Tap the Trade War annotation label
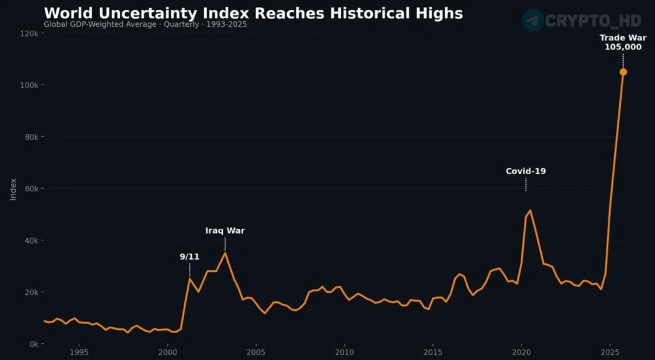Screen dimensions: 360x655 coord(622,38)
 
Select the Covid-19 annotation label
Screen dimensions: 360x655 coord(526,171)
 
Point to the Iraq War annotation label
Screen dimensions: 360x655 coord(225,231)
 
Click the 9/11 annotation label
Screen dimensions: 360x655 coord(189,256)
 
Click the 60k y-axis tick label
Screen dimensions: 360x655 coord(31,189)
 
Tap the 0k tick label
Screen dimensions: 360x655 coord(33,344)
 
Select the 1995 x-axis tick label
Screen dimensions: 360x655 coord(79,352)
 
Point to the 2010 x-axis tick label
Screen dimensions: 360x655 coord(344,352)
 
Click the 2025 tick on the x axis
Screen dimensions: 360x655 coord(610,352)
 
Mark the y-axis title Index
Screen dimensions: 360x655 coord(13,189)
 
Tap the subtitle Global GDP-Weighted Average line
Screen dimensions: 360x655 coord(145,24)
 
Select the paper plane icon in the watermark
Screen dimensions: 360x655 coord(532,20)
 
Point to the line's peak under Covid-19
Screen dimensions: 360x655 coord(530,210)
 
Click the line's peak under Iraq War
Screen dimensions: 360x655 coord(225,253)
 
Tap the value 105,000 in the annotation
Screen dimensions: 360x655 coord(622,47)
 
